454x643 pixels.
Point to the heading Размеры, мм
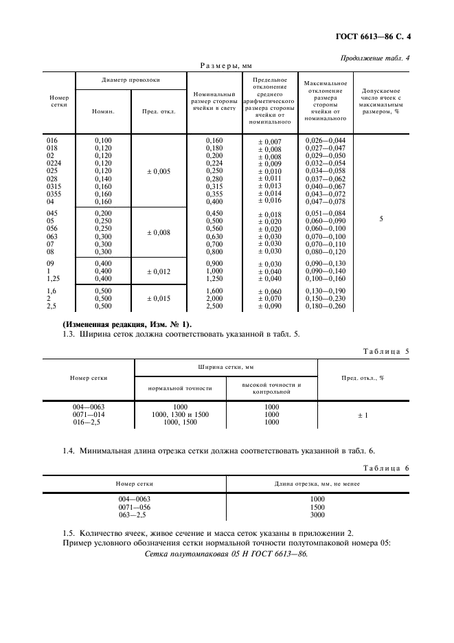pyautogui.click(x=226, y=66)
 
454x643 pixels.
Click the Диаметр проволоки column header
pyautogui.click(x=130, y=80)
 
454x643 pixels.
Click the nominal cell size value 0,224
pyautogui.click(x=215, y=163)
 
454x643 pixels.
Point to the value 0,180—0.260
pyautogui.click(x=326, y=288)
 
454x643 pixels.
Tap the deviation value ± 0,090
pyautogui.click(x=269, y=288)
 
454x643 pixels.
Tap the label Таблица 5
pyautogui.click(x=385, y=351)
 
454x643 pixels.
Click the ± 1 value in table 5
pyautogui.click(x=381, y=415)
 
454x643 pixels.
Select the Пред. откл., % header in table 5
pyautogui.click(x=381, y=377)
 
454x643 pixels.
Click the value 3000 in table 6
pyautogui.click(x=317, y=515)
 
